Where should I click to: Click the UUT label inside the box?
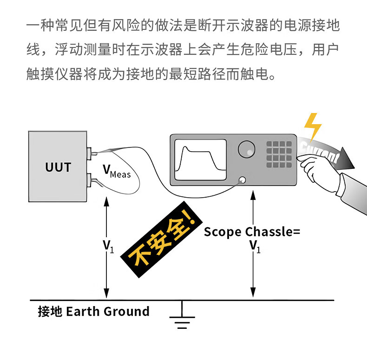[x=58, y=167]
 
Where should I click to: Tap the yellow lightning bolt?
[x=312, y=126]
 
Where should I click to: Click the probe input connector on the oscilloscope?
[x=242, y=180]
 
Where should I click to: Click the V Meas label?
[x=117, y=173]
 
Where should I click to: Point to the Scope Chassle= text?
[x=252, y=232]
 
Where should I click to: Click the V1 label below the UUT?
[x=108, y=245]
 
